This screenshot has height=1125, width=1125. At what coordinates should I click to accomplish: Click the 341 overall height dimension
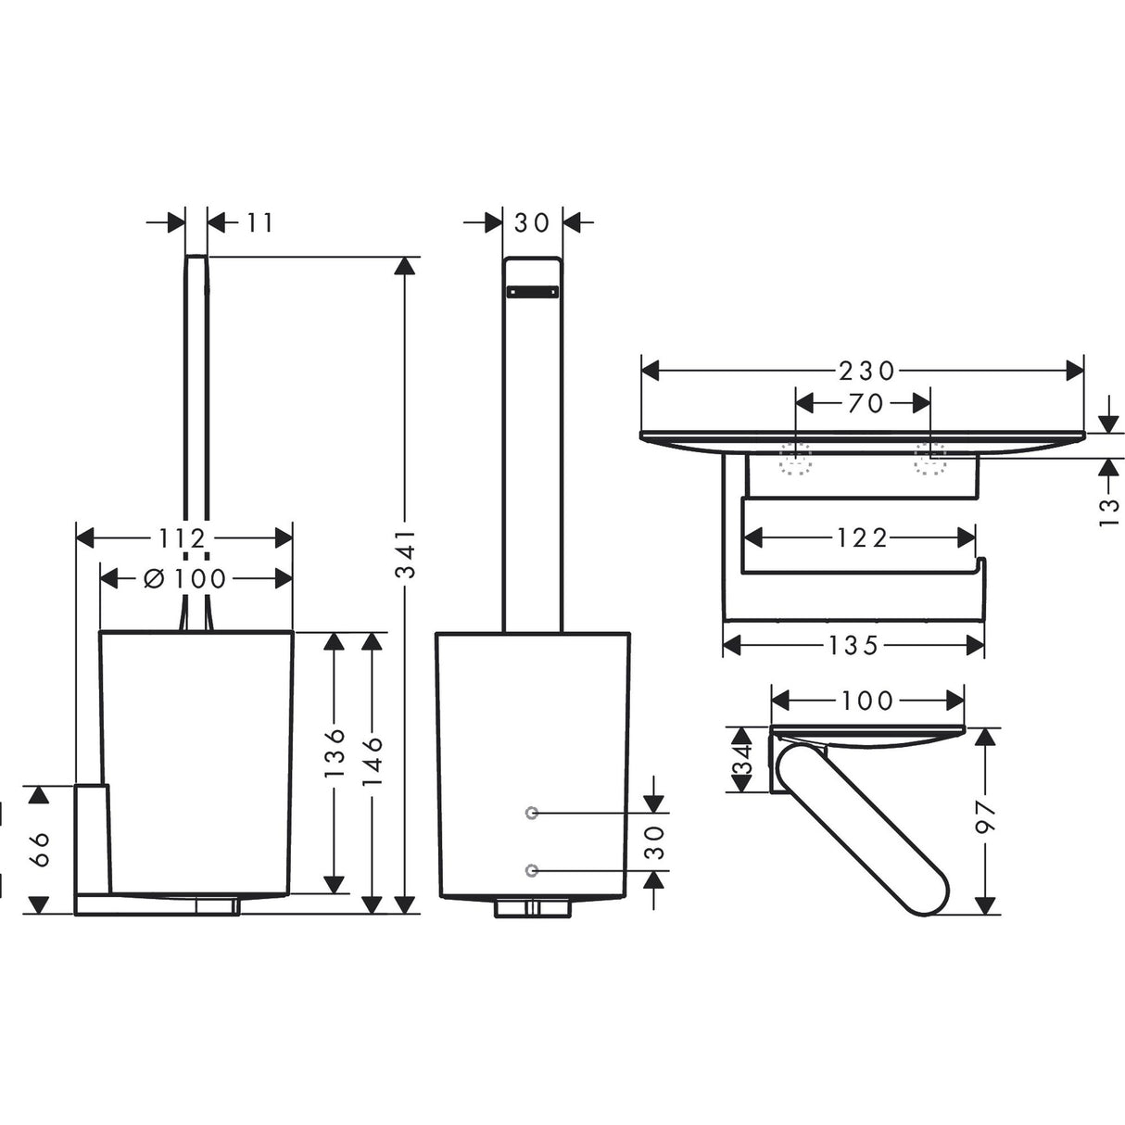(x=405, y=557)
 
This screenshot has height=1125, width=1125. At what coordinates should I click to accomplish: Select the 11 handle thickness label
(x=260, y=222)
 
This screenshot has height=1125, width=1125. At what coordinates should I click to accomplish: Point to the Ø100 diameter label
(x=185, y=579)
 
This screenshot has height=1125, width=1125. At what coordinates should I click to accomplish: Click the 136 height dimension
(x=335, y=751)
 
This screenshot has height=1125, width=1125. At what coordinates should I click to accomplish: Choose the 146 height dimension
(x=373, y=761)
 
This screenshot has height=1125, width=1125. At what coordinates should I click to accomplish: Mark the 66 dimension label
(x=38, y=848)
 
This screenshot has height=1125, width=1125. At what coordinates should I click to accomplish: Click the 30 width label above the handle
(x=532, y=222)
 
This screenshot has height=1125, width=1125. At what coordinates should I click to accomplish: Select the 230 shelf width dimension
(x=866, y=371)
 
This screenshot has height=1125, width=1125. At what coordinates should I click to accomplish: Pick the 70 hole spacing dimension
(x=864, y=403)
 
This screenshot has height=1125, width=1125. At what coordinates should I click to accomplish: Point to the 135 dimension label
(x=853, y=645)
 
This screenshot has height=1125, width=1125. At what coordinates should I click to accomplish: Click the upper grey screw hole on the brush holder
(x=531, y=813)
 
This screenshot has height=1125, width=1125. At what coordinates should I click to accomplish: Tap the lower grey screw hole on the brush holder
(x=531, y=869)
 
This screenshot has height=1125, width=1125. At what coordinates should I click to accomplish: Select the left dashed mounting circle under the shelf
(x=795, y=458)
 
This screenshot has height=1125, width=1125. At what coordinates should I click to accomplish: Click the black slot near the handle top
(x=532, y=292)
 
